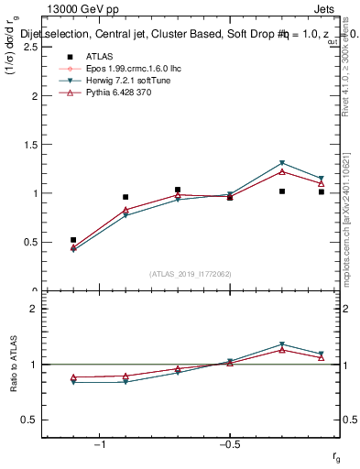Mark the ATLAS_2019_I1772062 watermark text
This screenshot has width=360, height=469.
coord(191,274)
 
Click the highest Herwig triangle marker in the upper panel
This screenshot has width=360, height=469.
coord(282,163)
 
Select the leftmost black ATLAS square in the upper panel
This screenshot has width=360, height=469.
coord(73,240)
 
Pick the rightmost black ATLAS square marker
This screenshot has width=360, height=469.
coord(322,192)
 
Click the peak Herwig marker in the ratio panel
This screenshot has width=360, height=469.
coord(282,344)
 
